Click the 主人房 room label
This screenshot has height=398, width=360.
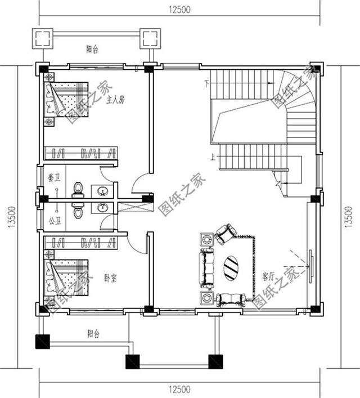click(114, 100)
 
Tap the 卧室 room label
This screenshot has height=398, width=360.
click(110, 278)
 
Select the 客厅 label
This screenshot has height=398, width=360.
click(268, 277)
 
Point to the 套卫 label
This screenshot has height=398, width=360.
click(53, 178)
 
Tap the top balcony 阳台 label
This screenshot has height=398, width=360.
click(93, 50)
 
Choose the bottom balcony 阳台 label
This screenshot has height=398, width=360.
click(93, 334)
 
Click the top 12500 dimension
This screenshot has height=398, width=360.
click(179, 9)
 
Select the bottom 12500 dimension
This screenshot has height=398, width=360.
click(179, 389)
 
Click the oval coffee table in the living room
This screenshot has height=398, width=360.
click(231, 268)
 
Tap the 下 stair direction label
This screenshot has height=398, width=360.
click(207, 85)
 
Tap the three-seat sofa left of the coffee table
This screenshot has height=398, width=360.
click(208, 269)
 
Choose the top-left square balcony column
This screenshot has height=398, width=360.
click(43, 38)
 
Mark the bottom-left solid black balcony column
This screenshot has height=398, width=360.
click(43, 341)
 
